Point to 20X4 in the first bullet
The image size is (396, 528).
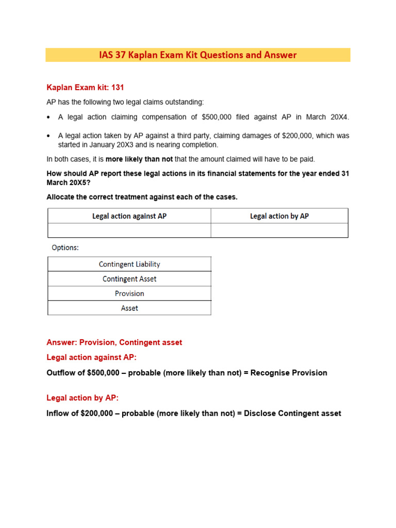click(338, 117)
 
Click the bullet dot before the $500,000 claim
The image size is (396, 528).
click(49, 118)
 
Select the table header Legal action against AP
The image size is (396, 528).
click(129, 216)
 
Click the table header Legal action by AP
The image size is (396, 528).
click(279, 216)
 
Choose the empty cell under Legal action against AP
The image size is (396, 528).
click(129, 230)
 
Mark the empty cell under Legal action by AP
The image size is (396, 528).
click(279, 230)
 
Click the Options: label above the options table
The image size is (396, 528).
click(65, 247)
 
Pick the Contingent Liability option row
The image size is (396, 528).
click(129, 264)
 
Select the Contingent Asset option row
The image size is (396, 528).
click(129, 279)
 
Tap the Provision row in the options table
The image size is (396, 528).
click(129, 293)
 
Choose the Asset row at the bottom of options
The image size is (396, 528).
click(129, 308)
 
